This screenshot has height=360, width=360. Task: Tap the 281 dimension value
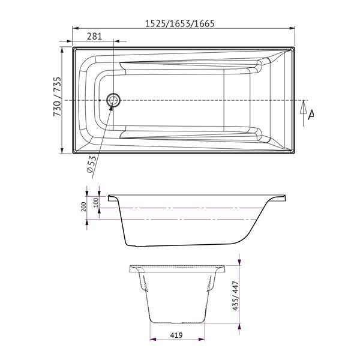pyautogui.click(x=94, y=36)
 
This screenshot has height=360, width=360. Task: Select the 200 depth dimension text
pyautogui.click(x=83, y=206)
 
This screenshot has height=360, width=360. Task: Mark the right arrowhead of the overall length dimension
pyautogui.click(x=292, y=28)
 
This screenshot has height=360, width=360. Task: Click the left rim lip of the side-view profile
pyautogui.click(x=112, y=196)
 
